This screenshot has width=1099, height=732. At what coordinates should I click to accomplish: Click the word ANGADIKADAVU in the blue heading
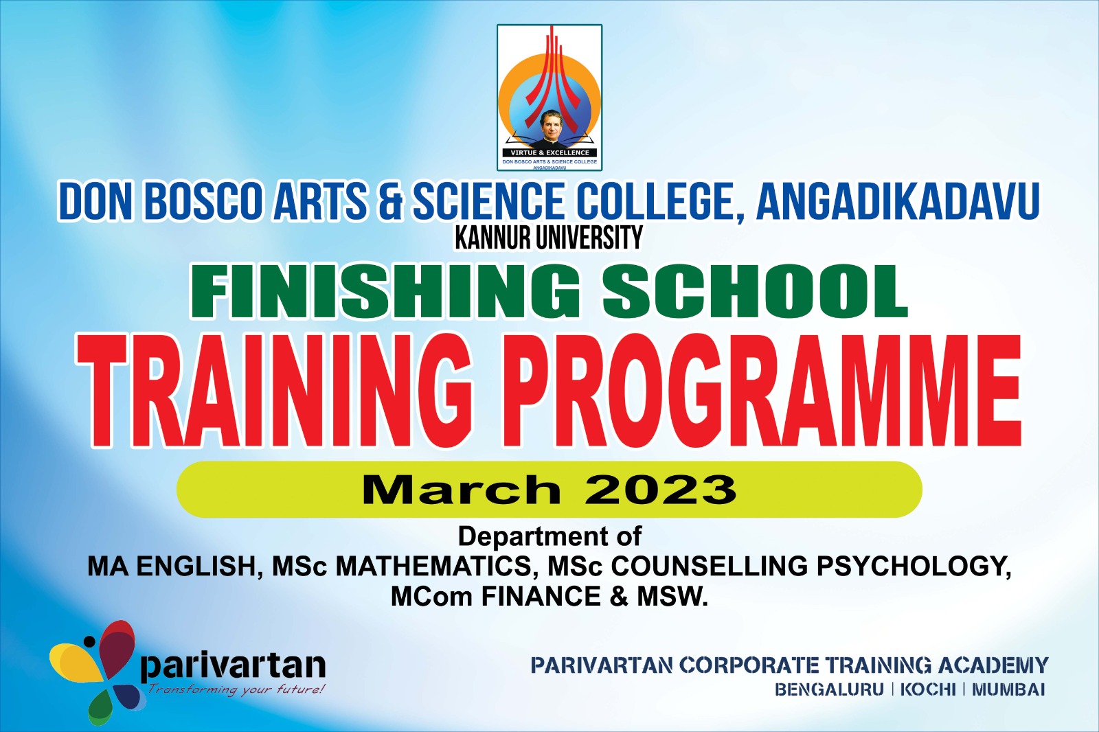tap(898, 201)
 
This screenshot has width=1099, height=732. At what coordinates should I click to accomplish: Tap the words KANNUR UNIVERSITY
tap(549, 238)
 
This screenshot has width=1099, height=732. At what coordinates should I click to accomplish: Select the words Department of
tap(549, 537)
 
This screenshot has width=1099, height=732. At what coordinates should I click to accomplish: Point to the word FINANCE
tap(541, 597)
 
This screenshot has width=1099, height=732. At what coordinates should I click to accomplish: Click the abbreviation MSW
tap(672, 597)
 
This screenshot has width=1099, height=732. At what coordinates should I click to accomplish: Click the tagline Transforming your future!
tap(236, 690)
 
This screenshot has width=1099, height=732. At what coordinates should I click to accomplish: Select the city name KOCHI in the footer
tap(928, 690)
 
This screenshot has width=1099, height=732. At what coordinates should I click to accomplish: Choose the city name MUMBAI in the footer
tap(1008, 690)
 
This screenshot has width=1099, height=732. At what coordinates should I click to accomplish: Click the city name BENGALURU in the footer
tap(829, 690)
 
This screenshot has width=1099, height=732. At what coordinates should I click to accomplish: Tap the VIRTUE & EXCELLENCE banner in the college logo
tap(549, 152)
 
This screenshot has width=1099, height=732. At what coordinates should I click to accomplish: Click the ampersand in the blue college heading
tap(389, 201)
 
